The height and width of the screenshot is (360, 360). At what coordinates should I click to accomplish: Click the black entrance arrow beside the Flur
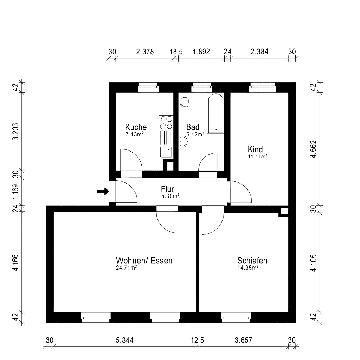pyautogui.click(x=103, y=191)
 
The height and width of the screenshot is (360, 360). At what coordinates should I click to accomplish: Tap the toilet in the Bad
pyautogui.click(x=184, y=100)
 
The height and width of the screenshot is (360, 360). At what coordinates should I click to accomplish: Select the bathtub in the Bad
pyautogui.click(x=215, y=113)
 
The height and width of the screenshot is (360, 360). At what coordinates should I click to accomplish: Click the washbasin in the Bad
pyautogui.click(x=183, y=142)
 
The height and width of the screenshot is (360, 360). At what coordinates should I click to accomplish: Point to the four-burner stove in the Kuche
pyautogui.click(x=166, y=122)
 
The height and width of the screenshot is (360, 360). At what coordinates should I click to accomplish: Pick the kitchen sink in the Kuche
pyautogui.click(x=166, y=152)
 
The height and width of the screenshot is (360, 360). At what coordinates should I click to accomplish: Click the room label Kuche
pyautogui.click(x=136, y=127)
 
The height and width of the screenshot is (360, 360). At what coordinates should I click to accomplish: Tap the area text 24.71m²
pyautogui.click(x=126, y=268)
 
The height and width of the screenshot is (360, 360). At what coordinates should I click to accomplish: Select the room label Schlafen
pyautogui.click(x=252, y=261)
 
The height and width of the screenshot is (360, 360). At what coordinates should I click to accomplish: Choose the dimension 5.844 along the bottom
pyautogui.click(x=124, y=340)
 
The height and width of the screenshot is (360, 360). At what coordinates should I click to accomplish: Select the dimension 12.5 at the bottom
pyautogui.click(x=198, y=340)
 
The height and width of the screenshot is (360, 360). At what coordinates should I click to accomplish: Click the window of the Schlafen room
pyautogui.click(x=236, y=317)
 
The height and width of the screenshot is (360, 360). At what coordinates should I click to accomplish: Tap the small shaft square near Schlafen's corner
pyautogui.click(x=284, y=211)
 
